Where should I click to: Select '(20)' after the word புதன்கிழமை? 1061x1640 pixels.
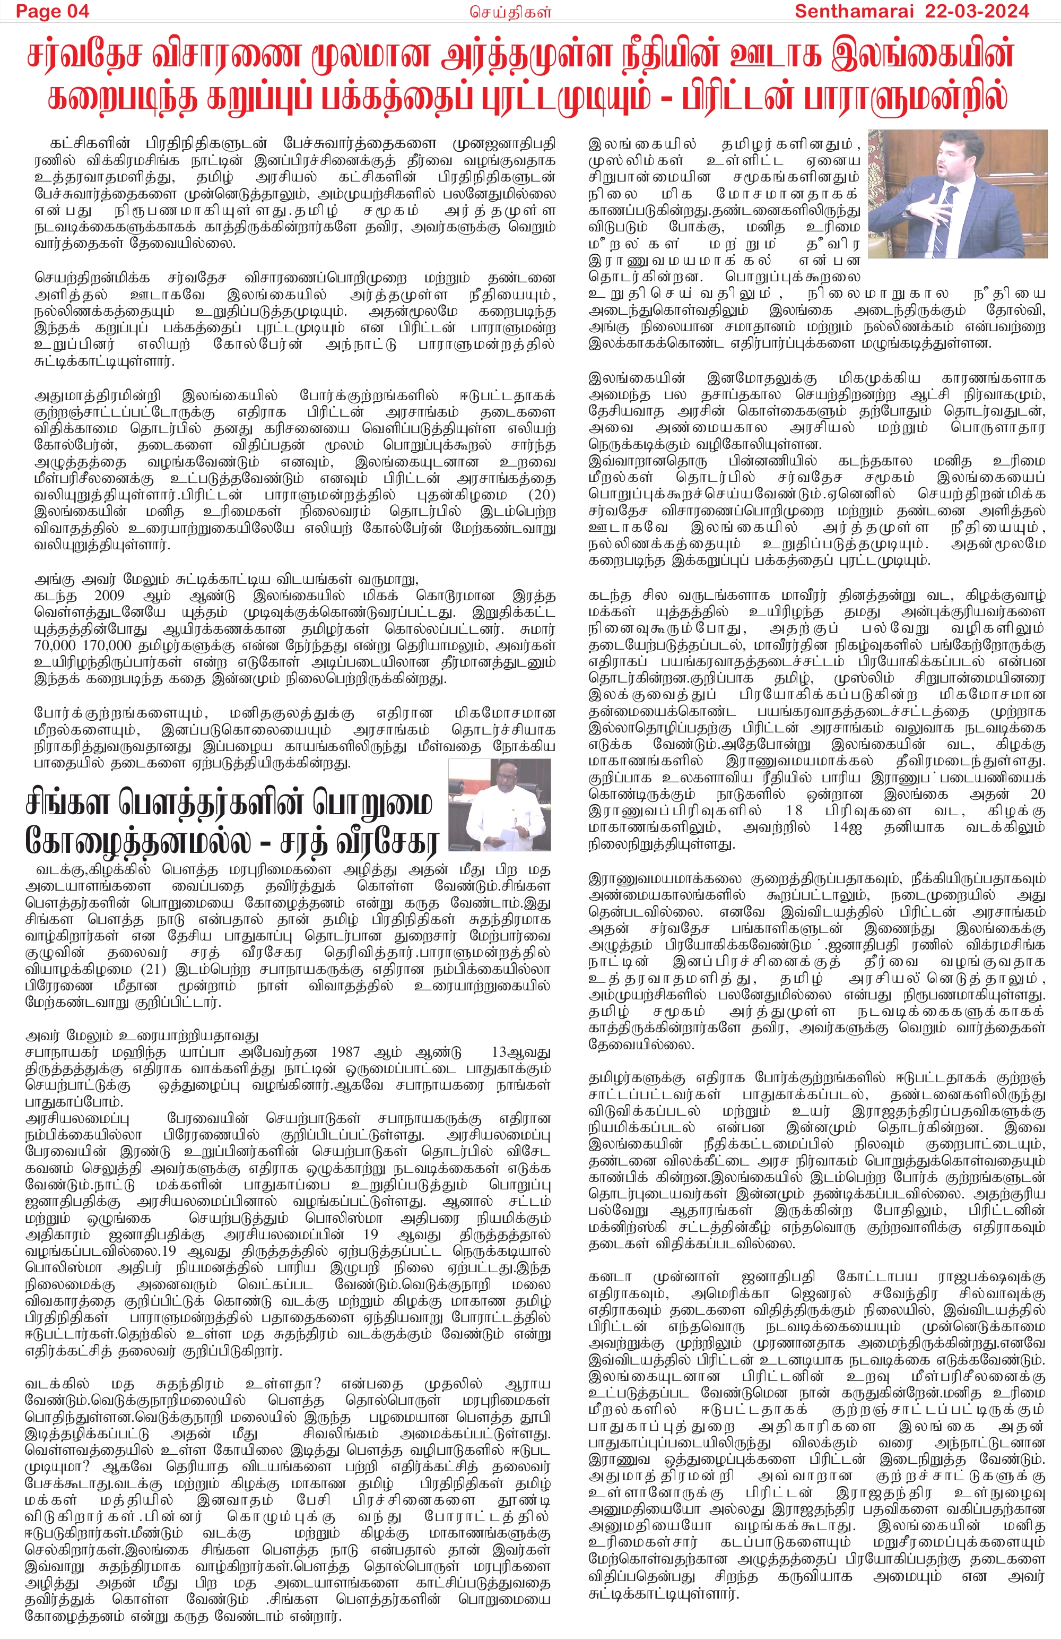pos(541,495)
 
